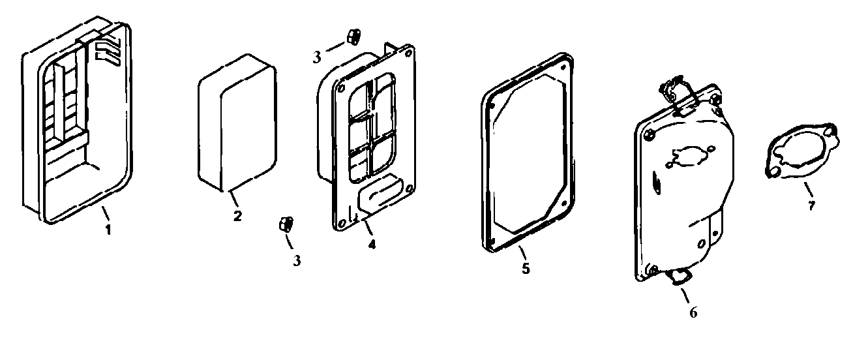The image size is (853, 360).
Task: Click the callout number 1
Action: pos(108,230)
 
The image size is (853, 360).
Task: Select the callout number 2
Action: pos(237,215)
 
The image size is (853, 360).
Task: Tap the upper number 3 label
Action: pos(317,57)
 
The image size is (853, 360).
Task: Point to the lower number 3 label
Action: pos(297,261)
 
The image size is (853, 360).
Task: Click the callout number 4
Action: pos(371,245)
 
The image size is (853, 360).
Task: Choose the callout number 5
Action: pos(526,267)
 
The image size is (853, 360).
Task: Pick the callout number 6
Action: pos(693,312)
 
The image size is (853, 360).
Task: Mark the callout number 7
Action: pos(811,206)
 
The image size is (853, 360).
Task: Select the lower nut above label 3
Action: pos(285,224)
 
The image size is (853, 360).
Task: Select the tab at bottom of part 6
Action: pos(679,278)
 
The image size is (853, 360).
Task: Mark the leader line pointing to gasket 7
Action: pos(807,191)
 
